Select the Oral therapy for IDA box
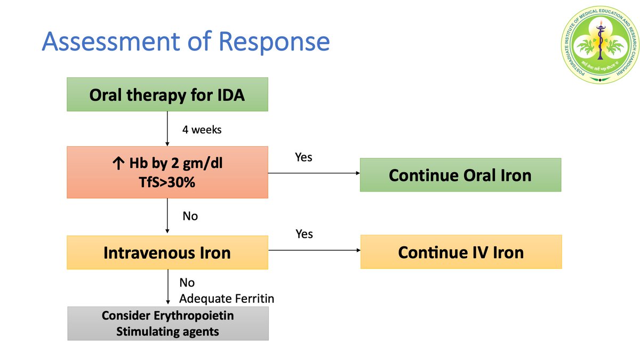tap(167, 94)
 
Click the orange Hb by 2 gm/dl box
tap(167, 172)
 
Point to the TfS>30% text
tap(167, 182)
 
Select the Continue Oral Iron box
tap(460, 175)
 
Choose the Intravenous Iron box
tap(167, 252)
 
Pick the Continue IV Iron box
tap(461, 252)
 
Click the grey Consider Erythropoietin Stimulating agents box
tap(167, 323)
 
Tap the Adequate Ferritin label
tap(226, 299)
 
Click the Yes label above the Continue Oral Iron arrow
tap(303, 157)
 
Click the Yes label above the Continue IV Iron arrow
tap(303, 234)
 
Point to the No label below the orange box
tap(190, 217)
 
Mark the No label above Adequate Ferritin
tap(187, 283)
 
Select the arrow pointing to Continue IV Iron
tap(315, 250)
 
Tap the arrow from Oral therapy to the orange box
tap(167, 129)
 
